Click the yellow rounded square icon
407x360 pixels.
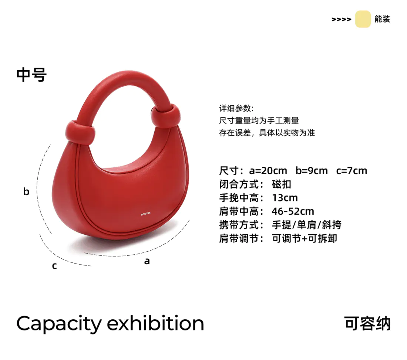(x=363, y=19)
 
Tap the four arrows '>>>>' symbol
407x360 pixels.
(x=341, y=20)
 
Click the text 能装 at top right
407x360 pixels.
(x=382, y=19)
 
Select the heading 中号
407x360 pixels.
(x=31, y=75)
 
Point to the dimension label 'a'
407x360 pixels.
(x=147, y=261)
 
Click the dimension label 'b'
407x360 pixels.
(x=26, y=191)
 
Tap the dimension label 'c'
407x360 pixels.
(x=54, y=266)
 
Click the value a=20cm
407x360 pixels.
(x=268, y=171)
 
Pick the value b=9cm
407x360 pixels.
(x=312, y=171)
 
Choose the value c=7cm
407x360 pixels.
(x=351, y=171)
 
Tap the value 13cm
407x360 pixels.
(x=285, y=198)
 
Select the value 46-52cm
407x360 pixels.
(x=293, y=211)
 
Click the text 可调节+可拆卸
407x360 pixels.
(x=304, y=238)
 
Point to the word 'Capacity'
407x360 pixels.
(x=58, y=324)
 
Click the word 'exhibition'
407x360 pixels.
(x=155, y=324)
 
